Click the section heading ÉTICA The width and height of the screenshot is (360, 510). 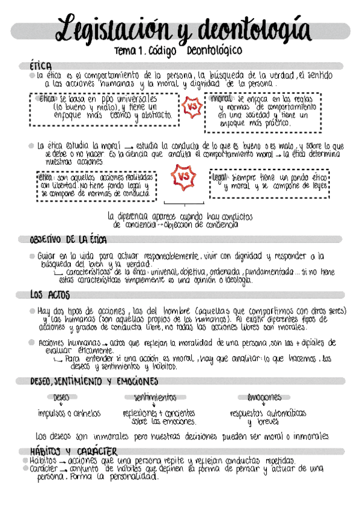coord(41,65)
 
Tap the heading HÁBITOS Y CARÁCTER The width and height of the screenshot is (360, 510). coord(73,451)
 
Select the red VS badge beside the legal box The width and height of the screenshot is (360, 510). coord(184,177)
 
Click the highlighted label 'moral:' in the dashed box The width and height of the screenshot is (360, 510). coord(222,99)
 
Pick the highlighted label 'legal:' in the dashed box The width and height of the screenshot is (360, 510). coord(219,178)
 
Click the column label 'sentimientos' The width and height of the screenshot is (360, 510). coord(155,398)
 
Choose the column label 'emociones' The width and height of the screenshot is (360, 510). coord(264,398)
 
